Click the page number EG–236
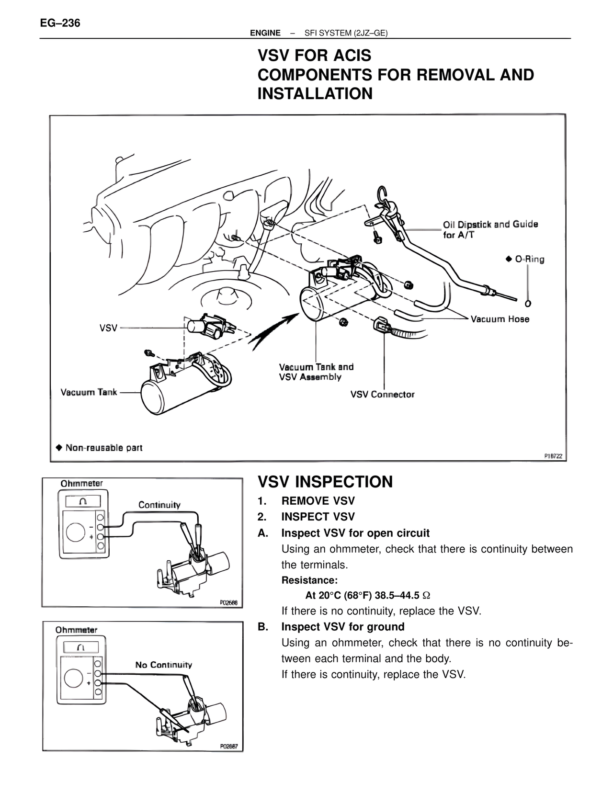pos(60,23)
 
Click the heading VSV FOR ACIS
pos(314,56)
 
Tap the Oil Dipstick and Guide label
pos(490,229)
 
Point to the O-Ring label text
pos(529,259)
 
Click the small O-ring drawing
pos(528,303)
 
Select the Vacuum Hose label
pos(500,319)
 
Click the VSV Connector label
pos(382,395)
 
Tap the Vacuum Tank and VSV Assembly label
pos(316,372)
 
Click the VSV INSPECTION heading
pos(325,482)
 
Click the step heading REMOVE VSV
pos(318,501)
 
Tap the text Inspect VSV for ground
pos(342,627)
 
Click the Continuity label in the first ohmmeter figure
pos(159,505)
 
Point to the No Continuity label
pos(163,665)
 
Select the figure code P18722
pos(553,456)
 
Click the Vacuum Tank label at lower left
pos(89,392)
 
